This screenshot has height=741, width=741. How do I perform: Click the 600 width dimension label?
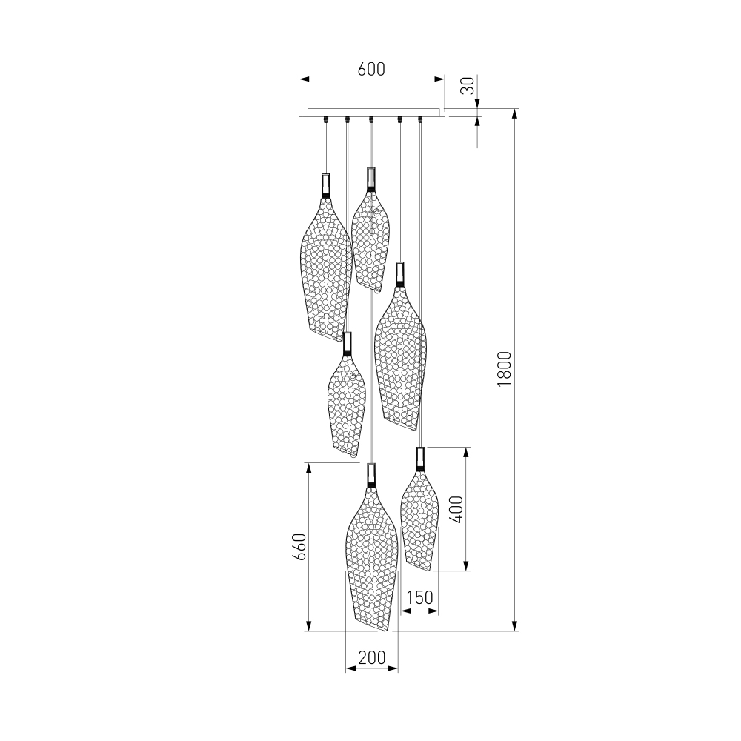coord(371,69)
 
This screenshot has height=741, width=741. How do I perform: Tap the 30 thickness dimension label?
coord(468,85)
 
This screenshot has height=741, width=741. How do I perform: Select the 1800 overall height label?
coord(504,368)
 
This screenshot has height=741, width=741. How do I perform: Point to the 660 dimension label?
coord(299,547)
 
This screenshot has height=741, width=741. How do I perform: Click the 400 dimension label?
coord(456,510)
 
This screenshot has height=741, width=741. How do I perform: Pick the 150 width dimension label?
coord(419,597)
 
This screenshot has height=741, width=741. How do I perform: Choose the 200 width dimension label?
coord(372,657)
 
